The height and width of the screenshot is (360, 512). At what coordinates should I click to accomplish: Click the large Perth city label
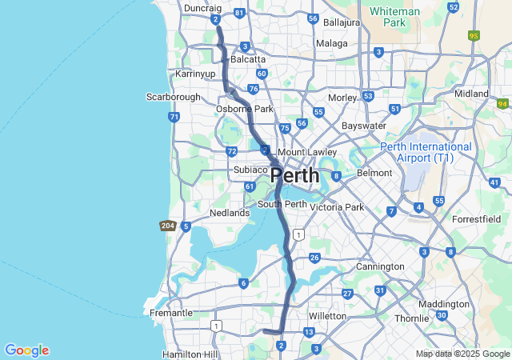(x=294, y=175)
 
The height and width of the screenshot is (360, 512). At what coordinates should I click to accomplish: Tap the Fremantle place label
(x=171, y=313)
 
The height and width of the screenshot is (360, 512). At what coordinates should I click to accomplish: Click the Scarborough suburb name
(x=173, y=97)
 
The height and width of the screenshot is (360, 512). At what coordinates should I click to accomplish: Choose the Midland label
(x=471, y=94)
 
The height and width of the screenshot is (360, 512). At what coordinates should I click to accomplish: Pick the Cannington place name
(x=380, y=266)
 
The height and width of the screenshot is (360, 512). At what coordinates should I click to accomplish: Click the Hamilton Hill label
(x=189, y=354)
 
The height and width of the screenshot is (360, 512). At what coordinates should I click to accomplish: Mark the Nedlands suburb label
(x=230, y=213)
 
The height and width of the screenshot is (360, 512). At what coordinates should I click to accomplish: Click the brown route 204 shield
(x=167, y=226)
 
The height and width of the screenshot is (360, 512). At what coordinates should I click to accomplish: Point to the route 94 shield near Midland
(x=502, y=103)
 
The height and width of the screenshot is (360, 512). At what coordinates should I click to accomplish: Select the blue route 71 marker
(x=174, y=117)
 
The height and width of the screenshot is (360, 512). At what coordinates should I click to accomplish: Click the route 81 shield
(x=239, y=14)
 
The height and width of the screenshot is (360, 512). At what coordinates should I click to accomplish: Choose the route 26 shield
(x=314, y=258)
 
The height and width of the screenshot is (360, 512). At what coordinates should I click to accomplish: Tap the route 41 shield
(x=494, y=183)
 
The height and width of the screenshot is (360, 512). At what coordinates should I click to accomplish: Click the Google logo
(x=26, y=350)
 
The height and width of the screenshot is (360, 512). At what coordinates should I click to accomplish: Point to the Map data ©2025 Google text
(x=462, y=354)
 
